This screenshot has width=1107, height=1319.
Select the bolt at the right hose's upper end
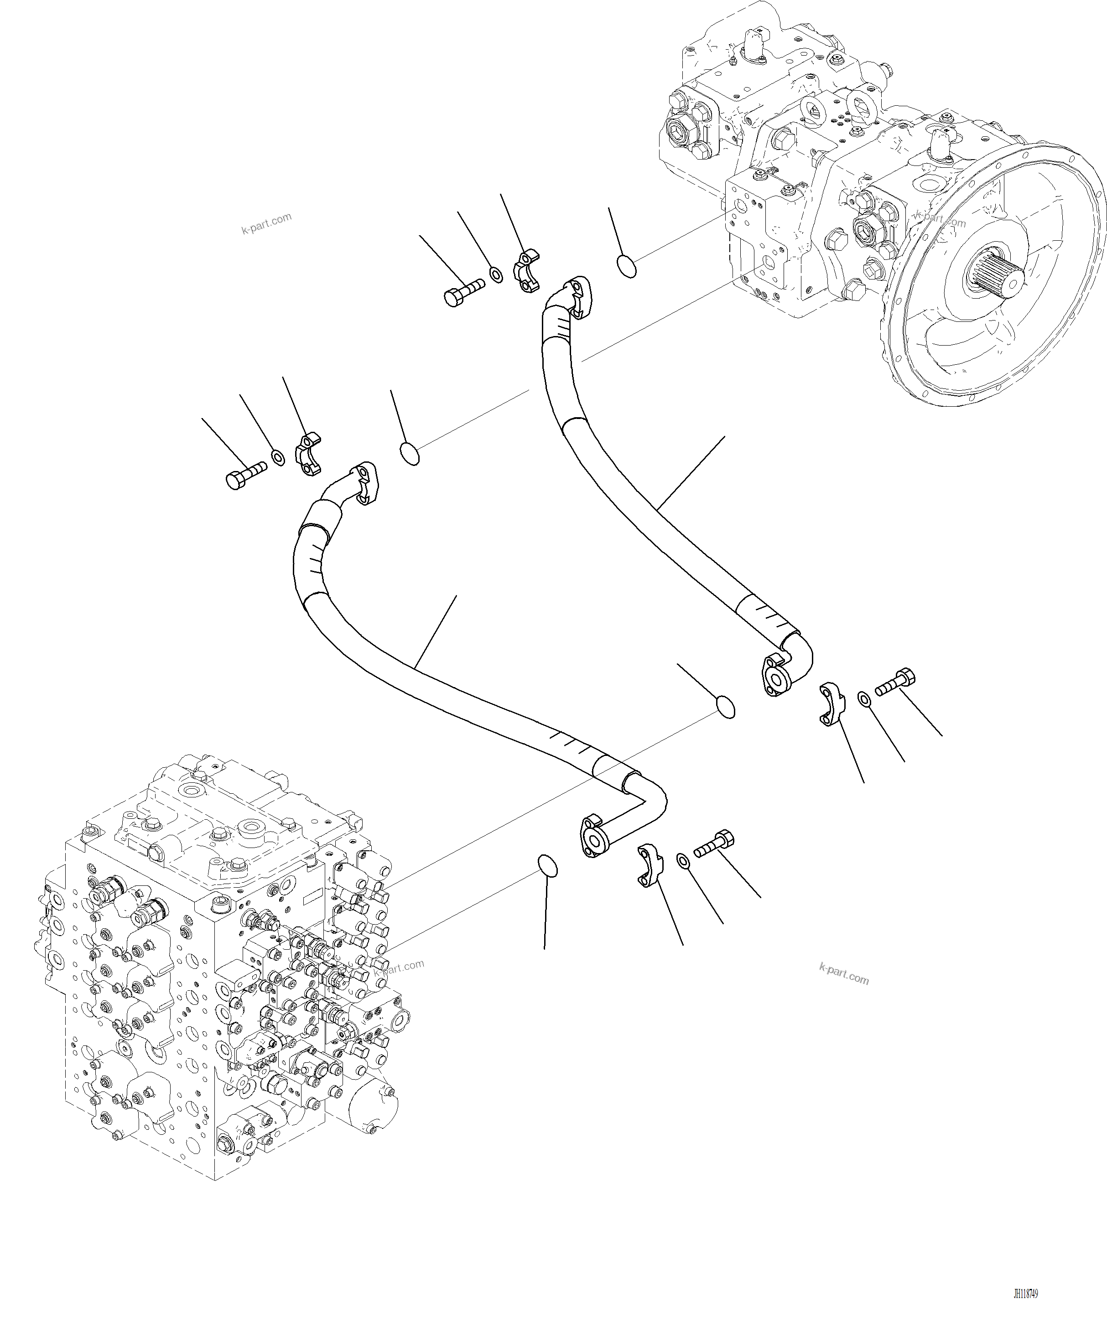[464, 292]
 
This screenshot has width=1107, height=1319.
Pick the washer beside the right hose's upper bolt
[496, 274]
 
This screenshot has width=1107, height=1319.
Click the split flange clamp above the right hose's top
[528, 271]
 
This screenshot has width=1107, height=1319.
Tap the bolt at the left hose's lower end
[714, 843]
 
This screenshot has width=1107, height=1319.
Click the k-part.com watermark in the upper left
[266, 223]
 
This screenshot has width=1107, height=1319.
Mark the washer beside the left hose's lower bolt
[683, 860]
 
